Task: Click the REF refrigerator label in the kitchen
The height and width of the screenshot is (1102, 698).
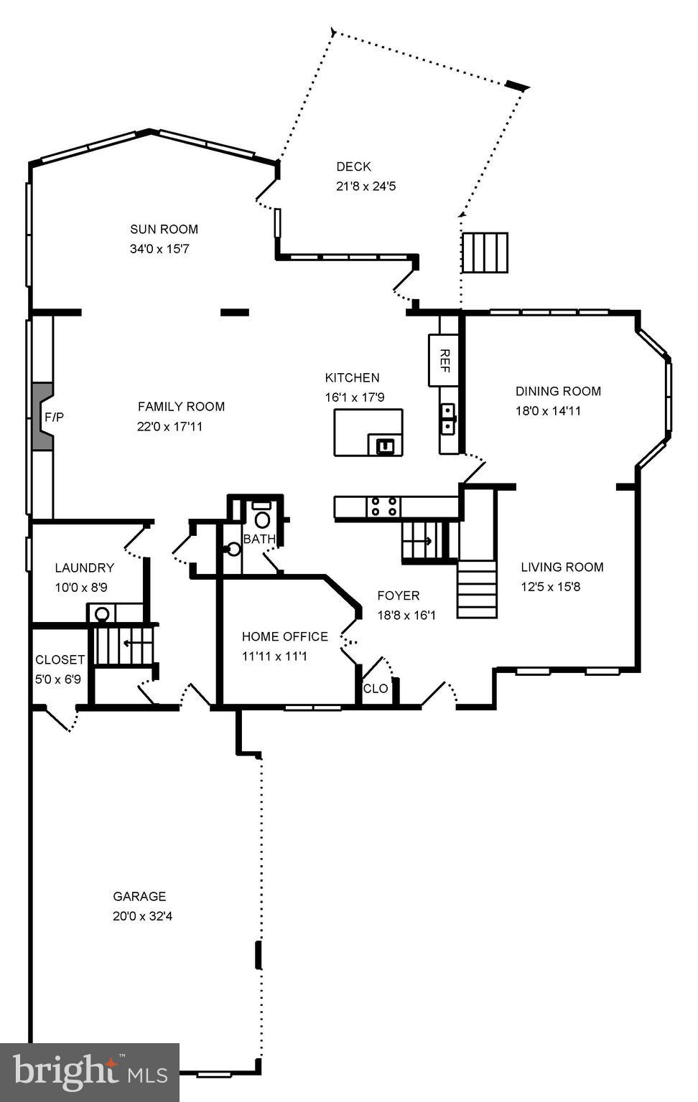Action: pos(444,360)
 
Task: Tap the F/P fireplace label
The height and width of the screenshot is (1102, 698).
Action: pos(54,417)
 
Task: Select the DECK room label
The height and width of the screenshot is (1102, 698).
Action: pos(353,166)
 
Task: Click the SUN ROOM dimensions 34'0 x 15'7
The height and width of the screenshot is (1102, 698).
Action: pos(159,249)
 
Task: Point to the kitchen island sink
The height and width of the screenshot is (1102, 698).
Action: pos(386,446)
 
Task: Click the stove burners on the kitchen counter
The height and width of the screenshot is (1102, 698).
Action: pos(383,507)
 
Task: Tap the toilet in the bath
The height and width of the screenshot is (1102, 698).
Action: pos(262,518)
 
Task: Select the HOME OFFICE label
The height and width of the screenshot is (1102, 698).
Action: pos(284,636)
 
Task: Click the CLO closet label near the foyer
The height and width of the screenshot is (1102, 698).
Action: pos(376,689)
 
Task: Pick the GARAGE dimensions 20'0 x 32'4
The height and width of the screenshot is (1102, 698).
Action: pos(142,916)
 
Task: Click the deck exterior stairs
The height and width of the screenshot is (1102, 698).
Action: pos(485,253)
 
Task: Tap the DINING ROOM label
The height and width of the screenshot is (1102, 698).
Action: pos(558,391)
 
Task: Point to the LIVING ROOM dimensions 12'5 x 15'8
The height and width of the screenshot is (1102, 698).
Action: pos(550,586)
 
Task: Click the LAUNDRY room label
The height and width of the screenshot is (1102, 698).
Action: pos(84,568)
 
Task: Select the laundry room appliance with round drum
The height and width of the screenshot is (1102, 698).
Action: pos(102,613)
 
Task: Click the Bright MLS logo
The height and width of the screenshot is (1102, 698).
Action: pos(90,1072)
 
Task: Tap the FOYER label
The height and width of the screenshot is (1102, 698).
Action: pos(399,595)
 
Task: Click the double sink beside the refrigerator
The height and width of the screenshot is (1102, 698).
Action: pos(448,418)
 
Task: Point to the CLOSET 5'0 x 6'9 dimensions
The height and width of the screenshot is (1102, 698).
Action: pos(58,679)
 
